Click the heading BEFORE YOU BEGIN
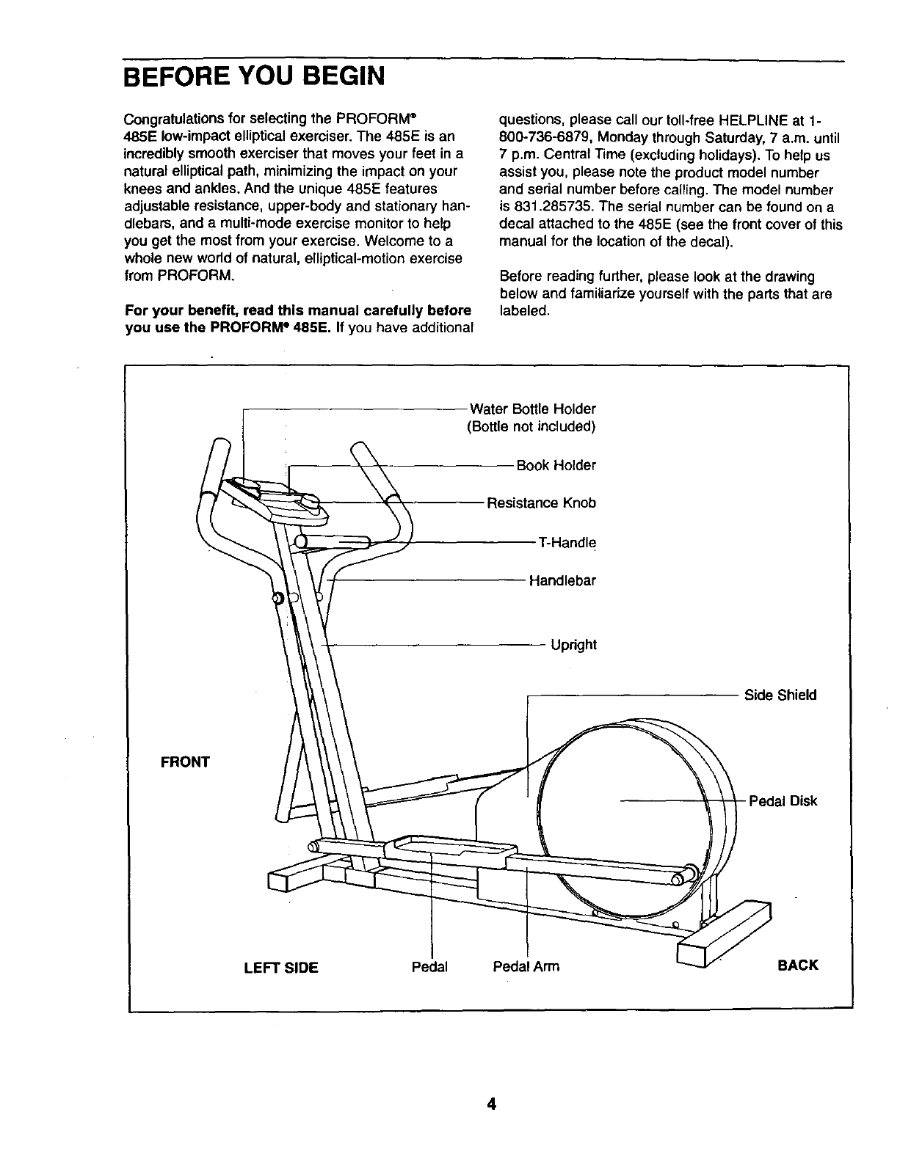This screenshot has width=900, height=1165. coord(253,76)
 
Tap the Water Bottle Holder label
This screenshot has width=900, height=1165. coord(532,409)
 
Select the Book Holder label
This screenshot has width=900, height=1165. coord(556,466)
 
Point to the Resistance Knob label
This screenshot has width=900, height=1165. coord(542,503)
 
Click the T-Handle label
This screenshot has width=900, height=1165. coord(566,543)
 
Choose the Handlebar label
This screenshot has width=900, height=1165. coord(562,581)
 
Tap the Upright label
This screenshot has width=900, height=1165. coord(573,645)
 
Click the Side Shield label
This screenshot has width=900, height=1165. coord(780,695)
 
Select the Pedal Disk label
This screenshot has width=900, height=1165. coord(783,801)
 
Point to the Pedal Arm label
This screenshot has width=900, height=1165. coord(526,966)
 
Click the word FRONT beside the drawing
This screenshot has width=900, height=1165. coord(185,762)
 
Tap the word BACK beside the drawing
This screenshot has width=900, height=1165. coord(797,965)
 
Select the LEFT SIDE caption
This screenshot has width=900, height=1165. coord(280,968)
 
